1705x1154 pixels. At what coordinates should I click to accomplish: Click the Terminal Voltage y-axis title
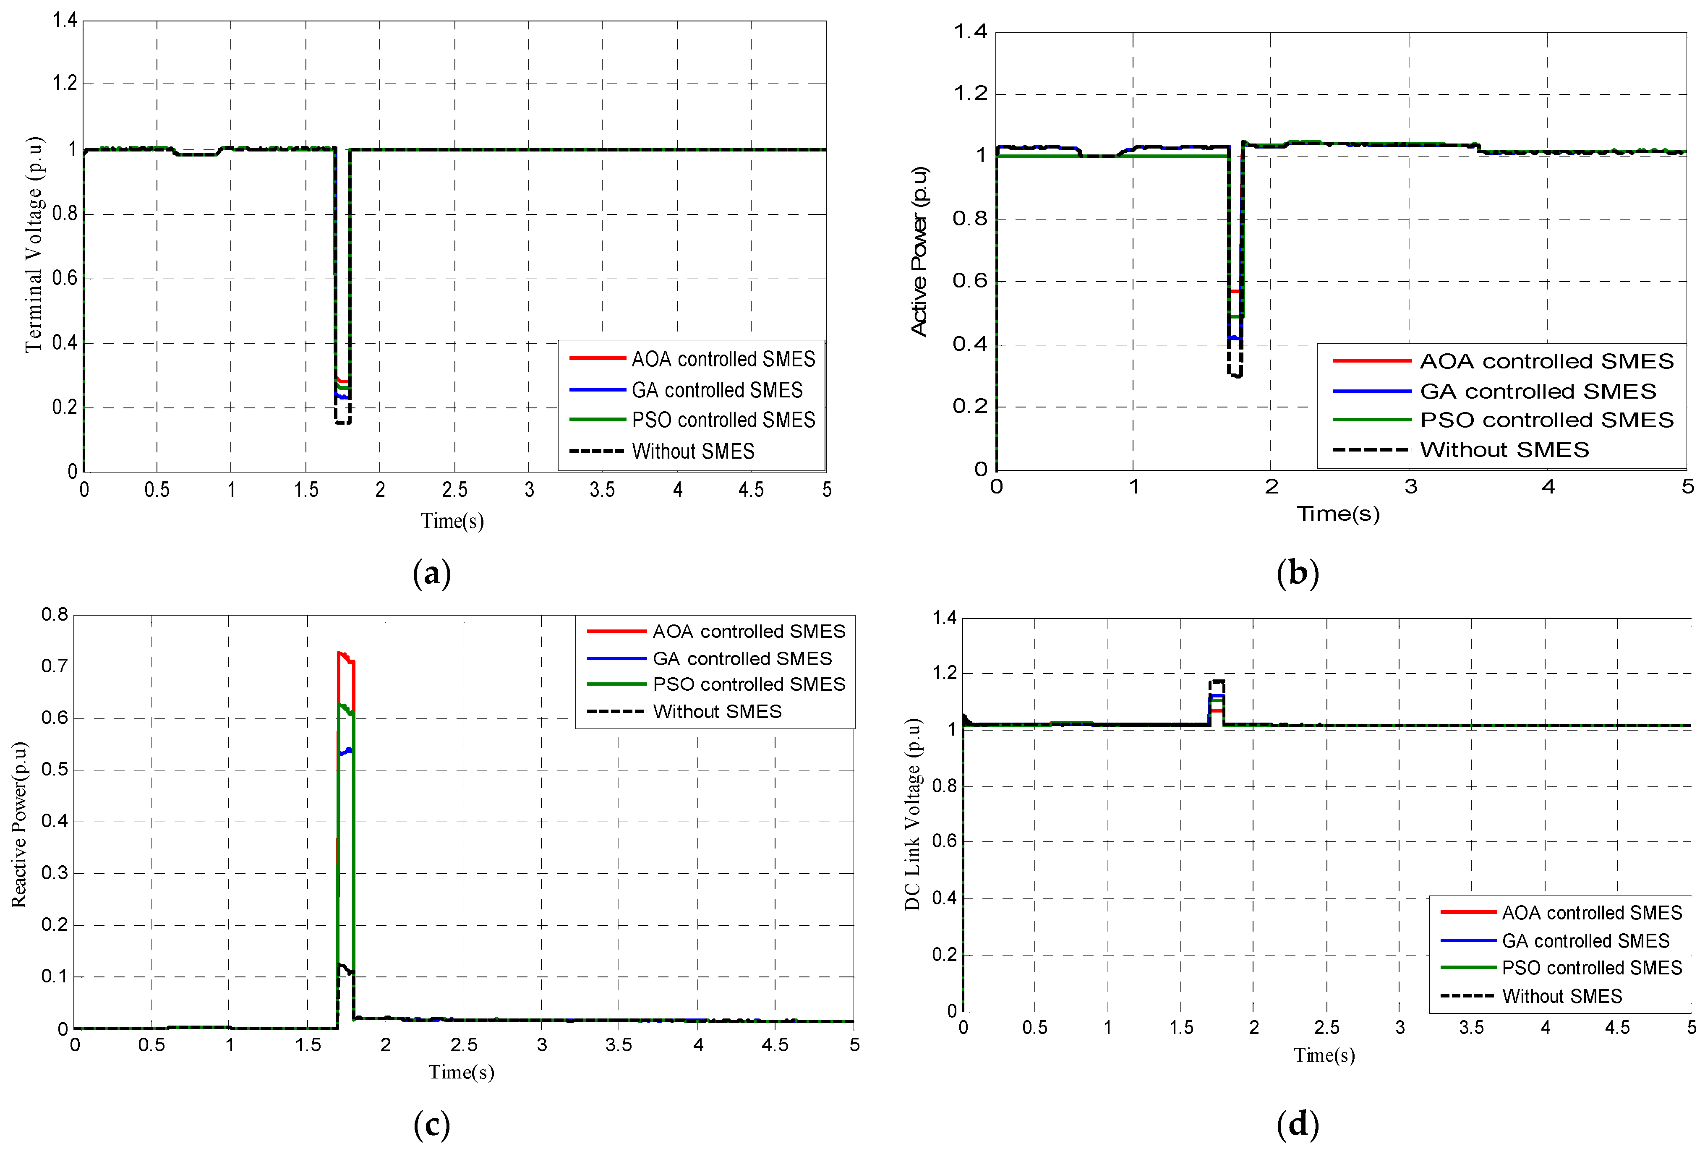click(34, 244)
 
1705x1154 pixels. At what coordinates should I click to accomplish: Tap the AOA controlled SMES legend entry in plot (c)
click(748, 631)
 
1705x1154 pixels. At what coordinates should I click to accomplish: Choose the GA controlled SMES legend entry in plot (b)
click(1537, 391)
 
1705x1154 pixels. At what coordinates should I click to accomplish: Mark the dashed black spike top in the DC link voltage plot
click(1217, 681)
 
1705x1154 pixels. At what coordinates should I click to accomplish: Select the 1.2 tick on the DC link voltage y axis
click(946, 673)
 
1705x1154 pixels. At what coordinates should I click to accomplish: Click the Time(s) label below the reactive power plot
click(461, 1072)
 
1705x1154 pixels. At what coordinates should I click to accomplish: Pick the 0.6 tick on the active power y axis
click(969, 281)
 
